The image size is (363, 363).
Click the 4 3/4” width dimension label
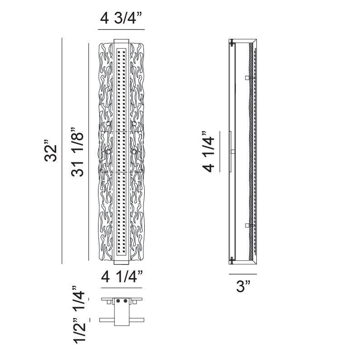click(x=121, y=18)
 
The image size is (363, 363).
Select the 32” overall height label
click(x=51, y=151)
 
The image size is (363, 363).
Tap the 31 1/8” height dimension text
click(x=77, y=152)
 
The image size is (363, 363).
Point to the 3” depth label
click(x=243, y=286)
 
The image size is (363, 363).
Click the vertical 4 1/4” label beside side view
click(x=209, y=152)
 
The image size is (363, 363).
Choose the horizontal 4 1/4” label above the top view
click(x=122, y=276)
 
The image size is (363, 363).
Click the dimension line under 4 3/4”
click(x=121, y=29)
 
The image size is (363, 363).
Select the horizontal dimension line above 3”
click(x=243, y=274)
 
